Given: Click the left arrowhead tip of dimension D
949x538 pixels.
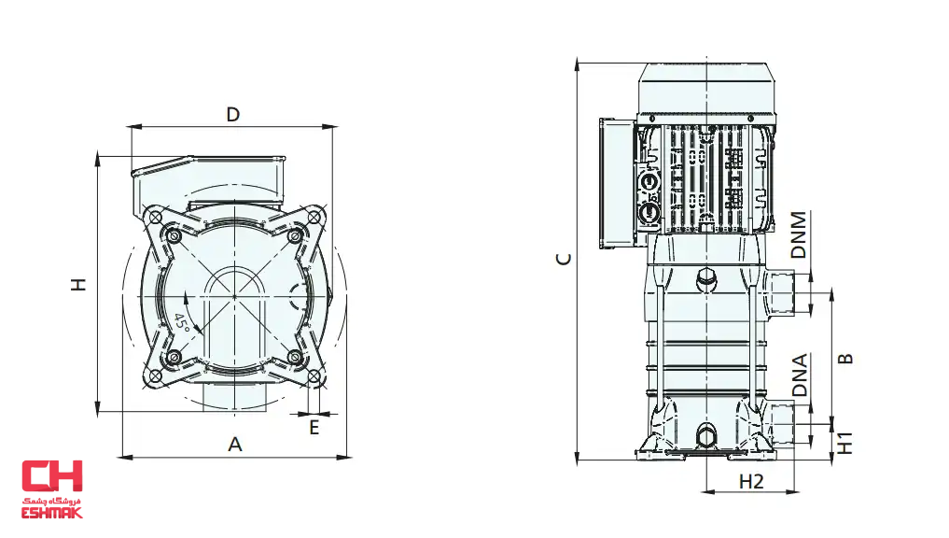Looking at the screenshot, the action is pyautogui.click(x=127, y=127).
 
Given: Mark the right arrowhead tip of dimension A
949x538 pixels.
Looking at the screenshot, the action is pyautogui.click(x=352, y=457).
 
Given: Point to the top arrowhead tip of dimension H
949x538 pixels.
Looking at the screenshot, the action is pyautogui.click(x=97, y=152).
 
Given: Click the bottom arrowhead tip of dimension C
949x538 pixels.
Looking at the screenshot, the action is pyautogui.click(x=578, y=461).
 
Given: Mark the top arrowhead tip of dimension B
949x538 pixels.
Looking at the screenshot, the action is pyautogui.click(x=832, y=289).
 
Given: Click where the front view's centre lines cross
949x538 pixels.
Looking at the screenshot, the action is pyautogui.click(x=235, y=296).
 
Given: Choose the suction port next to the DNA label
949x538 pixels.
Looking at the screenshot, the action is pyautogui.click(x=781, y=422).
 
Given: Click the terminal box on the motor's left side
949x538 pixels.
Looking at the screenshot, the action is pyautogui.click(x=617, y=183).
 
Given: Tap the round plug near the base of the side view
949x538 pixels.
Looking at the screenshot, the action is pyautogui.click(x=706, y=436).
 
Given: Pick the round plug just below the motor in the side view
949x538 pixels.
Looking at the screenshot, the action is pyautogui.click(x=706, y=279).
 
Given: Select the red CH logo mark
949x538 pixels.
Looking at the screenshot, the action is pyautogui.click(x=52, y=475).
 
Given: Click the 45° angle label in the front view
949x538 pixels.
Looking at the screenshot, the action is pyautogui.click(x=182, y=321).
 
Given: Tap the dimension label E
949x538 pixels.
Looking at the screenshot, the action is pyautogui.click(x=314, y=428).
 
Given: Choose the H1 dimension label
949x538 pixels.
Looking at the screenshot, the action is pyautogui.click(x=844, y=443).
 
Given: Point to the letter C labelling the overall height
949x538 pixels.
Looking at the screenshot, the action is pyautogui.click(x=564, y=260).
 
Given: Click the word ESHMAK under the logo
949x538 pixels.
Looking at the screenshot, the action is pyautogui.click(x=52, y=513).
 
